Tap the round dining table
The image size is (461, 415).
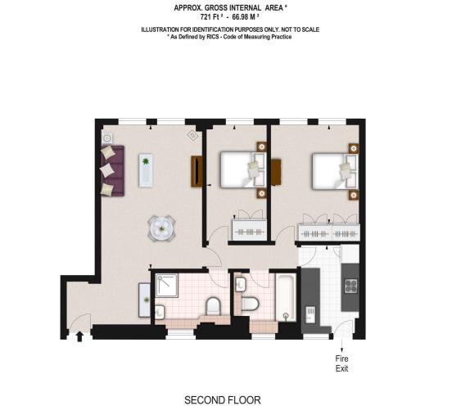pyautogui.click(x=161, y=228)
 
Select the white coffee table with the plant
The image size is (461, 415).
pyautogui.click(x=147, y=170)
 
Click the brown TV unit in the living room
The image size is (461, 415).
pyautogui.click(x=197, y=171)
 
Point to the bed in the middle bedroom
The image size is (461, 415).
pyautogui.click(x=242, y=170)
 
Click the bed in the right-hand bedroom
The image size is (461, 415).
pyautogui.click(x=334, y=171)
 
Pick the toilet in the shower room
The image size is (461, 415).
pyautogui.click(x=213, y=306)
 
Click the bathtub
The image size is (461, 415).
pyautogui.click(x=285, y=298)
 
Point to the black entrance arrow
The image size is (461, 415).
pyautogui.click(x=79, y=334)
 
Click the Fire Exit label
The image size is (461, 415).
pyautogui.click(x=342, y=363)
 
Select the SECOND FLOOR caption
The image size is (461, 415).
pyautogui.click(x=222, y=400)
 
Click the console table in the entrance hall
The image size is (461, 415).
pyautogui.click(x=144, y=299)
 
